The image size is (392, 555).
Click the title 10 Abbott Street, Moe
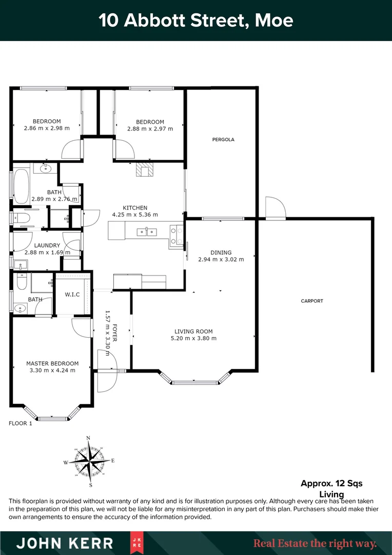(x=196, y=21)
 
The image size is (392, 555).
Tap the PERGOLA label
(x=223, y=139)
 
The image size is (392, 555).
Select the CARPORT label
(x=312, y=301)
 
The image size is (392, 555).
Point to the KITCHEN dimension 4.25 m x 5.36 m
(x=135, y=215)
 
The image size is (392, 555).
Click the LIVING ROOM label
(x=193, y=331)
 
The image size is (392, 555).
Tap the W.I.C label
(x=71, y=295)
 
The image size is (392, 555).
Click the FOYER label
(x=115, y=332)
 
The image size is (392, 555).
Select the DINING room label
(x=221, y=252)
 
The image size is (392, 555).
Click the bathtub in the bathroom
(x=22, y=186)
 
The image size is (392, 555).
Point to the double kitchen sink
(x=147, y=232)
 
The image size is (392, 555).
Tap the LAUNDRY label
(x=47, y=246)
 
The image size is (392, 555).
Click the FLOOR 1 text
(x=21, y=423)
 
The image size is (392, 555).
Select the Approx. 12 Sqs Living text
(x=331, y=489)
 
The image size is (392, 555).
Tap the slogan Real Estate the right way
(x=315, y=543)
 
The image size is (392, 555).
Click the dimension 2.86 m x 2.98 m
(x=47, y=128)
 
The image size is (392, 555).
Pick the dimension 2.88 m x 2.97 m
(x=150, y=128)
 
